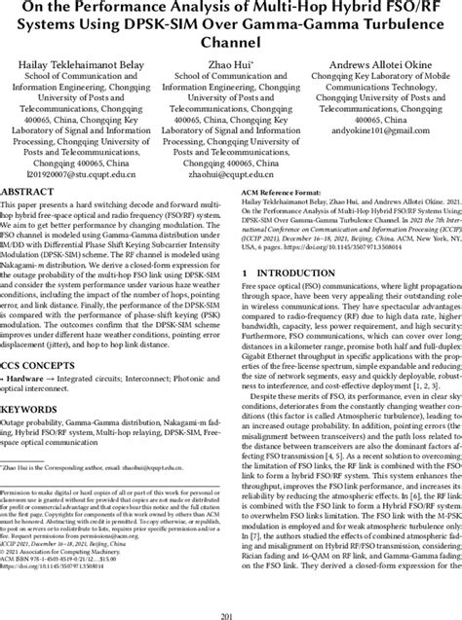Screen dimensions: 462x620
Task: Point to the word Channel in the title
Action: coord(230,43)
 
